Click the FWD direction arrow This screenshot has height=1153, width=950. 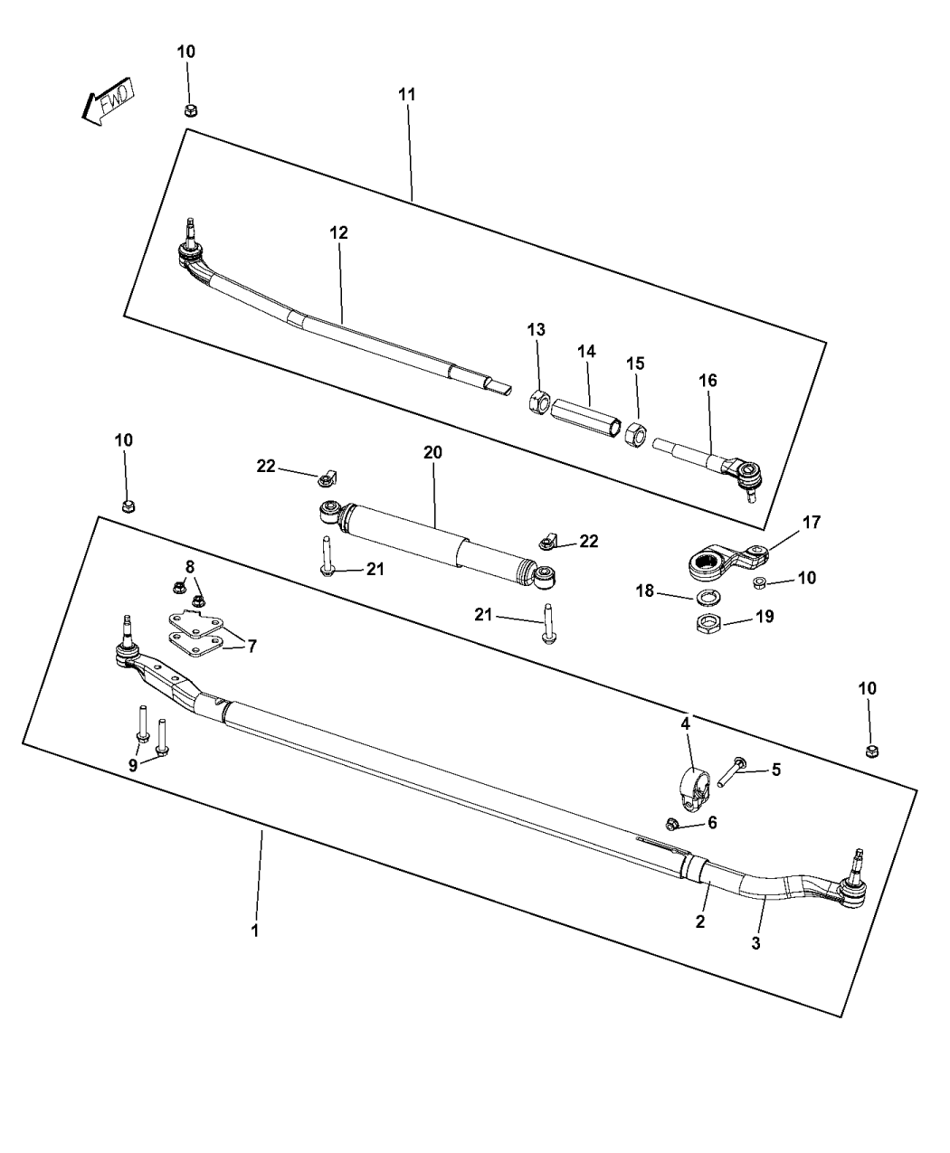click(x=107, y=100)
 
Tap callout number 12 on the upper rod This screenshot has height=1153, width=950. click(x=338, y=232)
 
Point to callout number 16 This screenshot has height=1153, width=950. click(x=707, y=381)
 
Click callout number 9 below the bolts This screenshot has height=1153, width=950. click(x=133, y=764)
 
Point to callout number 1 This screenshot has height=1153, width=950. click(x=254, y=930)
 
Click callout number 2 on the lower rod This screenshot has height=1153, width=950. click(x=700, y=921)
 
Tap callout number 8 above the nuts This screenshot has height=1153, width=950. click(x=188, y=566)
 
